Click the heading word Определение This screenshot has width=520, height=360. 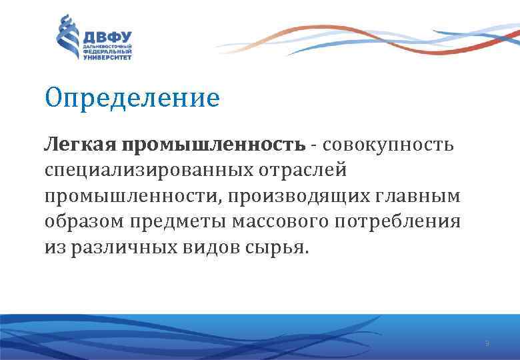point(132,99)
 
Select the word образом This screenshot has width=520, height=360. point(84,222)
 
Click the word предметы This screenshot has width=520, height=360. point(177,222)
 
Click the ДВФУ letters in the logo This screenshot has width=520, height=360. point(107,35)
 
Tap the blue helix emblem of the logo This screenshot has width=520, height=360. point(67,37)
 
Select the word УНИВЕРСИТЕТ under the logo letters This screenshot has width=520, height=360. point(107,58)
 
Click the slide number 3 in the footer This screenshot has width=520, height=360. point(487,344)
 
